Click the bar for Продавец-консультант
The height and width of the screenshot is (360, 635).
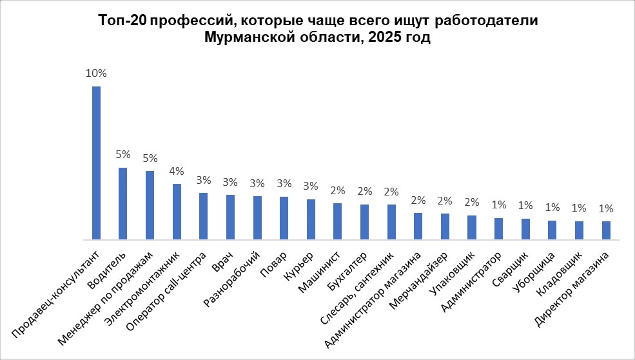pyautogui.click(x=96, y=163)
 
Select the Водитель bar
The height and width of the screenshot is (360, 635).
pyautogui.click(x=122, y=203)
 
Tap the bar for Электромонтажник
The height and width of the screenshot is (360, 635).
pyautogui.click(x=177, y=212)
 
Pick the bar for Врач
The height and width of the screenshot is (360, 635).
pyautogui.click(x=230, y=217)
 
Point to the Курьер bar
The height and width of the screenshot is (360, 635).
pyautogui.click(x=311, y=219)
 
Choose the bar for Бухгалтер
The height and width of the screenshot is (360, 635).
pyautogui.click(x=364, y=222)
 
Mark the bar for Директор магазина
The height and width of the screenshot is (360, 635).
pyautogui.click(x=606, y=230)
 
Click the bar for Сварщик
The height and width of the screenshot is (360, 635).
pyautogui.click(x=525, y=229)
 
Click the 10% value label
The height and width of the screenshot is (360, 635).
pyautogui.click(x=96, y=73)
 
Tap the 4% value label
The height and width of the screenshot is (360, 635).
pyautogui.click(x=177, y=171)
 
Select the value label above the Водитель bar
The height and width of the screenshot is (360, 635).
pyautogui.click(x=122, y=155)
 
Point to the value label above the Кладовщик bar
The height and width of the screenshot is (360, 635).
pyautogui.click(x=579, y=208)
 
